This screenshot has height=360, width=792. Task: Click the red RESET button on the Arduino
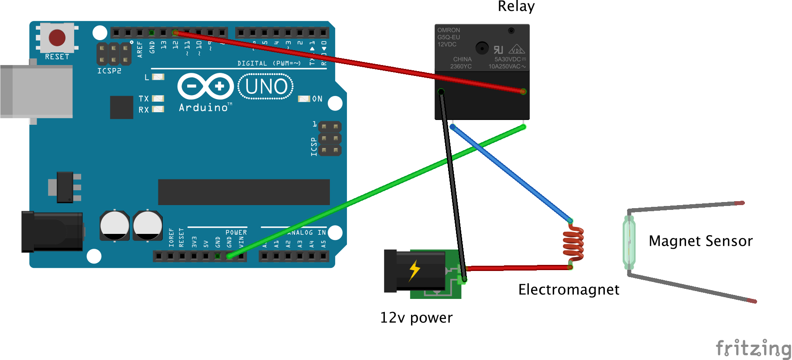coord(57,38)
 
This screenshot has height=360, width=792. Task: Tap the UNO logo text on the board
coord(266,86)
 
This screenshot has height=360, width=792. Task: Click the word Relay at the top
coord(516,7)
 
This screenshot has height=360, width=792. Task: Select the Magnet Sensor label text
coord(700,241)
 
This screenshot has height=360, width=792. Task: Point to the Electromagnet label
coord(568,289)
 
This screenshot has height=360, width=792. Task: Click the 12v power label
coord(416,317)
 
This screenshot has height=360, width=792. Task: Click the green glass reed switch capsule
coord(629,243)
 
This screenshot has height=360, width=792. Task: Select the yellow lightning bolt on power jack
coord(414,270)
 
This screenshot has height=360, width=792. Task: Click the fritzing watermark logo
coord(753,348)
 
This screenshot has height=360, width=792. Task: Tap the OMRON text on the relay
coord(449,30)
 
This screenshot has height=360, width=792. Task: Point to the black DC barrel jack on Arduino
coord(52,232)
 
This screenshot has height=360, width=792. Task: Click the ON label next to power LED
coord(317,99)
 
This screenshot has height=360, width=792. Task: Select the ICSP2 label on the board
coord(109,71)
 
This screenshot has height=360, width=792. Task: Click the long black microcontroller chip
coord(243,192)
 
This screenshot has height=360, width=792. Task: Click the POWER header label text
coord(236,233)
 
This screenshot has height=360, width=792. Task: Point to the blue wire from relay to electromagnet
coord(511,173)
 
